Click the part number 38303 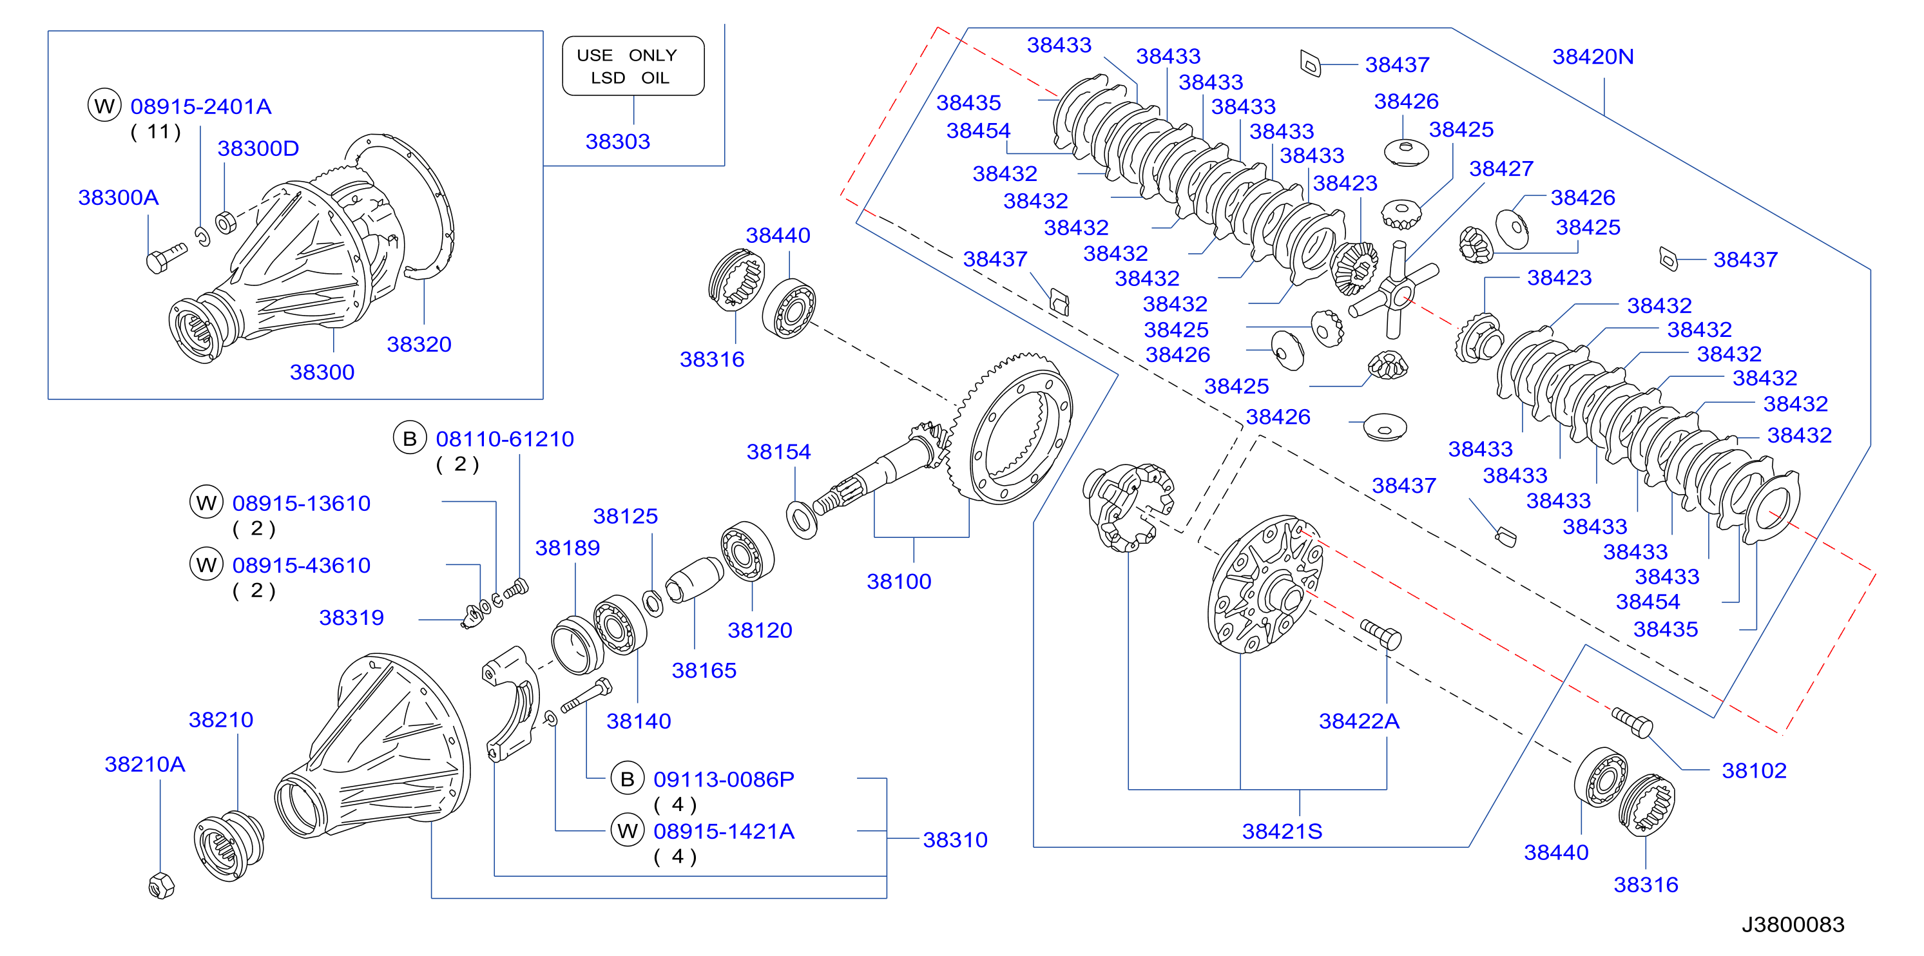618,141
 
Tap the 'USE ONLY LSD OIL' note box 633,66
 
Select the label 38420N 1593,57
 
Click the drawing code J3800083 1793,924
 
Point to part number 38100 898,581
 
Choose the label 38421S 1282,831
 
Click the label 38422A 1359,721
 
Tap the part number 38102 1754,770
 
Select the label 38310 956,839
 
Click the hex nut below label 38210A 161,886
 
